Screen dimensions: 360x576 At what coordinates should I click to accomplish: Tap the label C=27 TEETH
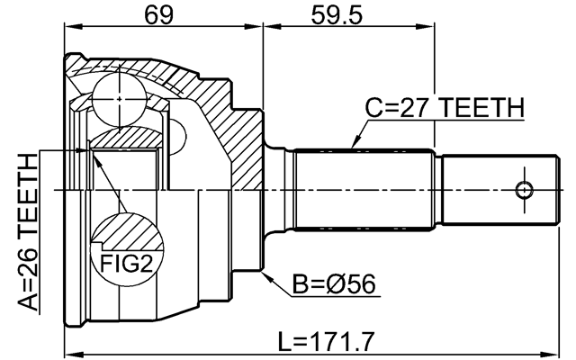click(444, 109)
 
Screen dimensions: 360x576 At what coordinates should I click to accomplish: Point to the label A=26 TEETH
click(28, 232)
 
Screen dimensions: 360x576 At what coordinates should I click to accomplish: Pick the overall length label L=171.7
click(325, 341)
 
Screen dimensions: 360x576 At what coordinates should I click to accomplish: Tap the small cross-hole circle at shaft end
click(523, 190)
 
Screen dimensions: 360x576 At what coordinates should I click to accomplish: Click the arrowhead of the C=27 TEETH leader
click(352, 146)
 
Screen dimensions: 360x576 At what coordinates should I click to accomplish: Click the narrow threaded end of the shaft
click(495, 190)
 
